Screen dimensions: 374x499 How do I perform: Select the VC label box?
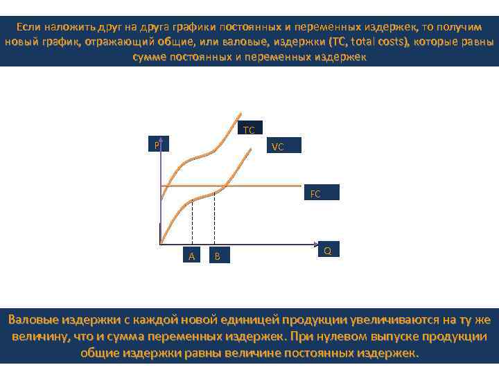(x=278, y=147)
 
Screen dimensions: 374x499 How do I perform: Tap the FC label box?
(x=315, y=193)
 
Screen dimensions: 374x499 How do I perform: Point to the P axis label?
(x=157, y=145)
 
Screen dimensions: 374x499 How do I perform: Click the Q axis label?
(x=327, y=250)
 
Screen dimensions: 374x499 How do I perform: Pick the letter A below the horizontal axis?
(x=192, y=256)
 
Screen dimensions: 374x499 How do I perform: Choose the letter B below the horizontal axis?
(x=217, y=256)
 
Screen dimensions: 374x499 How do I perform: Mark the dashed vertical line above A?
(x=192, y=222)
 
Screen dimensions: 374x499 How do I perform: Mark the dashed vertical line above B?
(x=215, y=218)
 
